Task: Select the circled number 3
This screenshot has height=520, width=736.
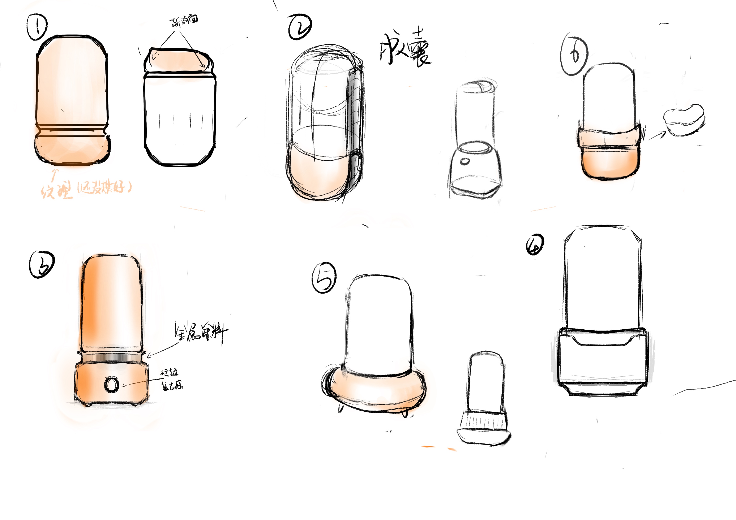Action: (x=42, y=265)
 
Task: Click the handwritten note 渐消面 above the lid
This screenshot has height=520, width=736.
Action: (x=184, y=21)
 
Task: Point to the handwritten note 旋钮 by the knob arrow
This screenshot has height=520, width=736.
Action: (x=169, y=372)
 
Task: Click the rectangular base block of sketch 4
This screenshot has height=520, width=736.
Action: (x=601, y=362)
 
